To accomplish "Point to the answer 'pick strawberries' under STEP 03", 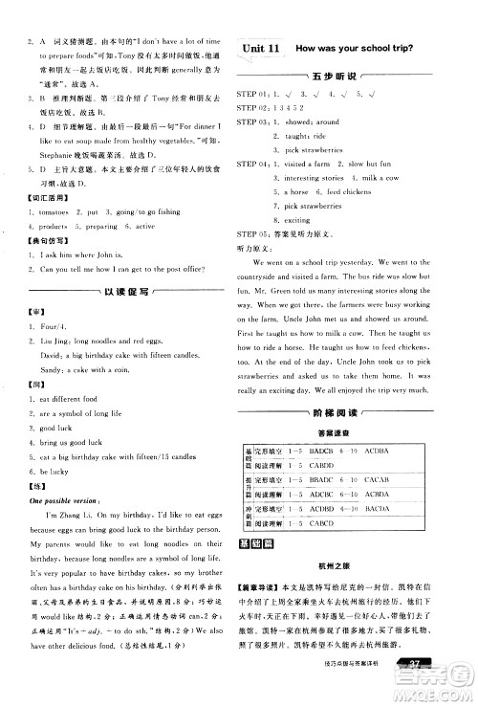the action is [312, 150].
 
